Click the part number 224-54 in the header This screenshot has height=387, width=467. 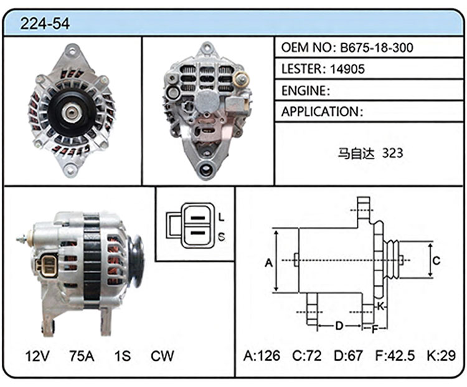[45, 24]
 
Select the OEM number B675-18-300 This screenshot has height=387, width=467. [377, 47]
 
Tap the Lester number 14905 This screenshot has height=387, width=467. [347, 69]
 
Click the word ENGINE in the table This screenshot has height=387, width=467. [303, 90]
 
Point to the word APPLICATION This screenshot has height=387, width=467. [320, 112]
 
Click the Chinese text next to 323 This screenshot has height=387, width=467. [356, 153]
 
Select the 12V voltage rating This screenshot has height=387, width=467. [37, 356]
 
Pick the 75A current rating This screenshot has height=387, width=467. [82, 356]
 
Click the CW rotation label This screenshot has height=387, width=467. [162, 356]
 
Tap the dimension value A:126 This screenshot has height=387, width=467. [262, 355]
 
